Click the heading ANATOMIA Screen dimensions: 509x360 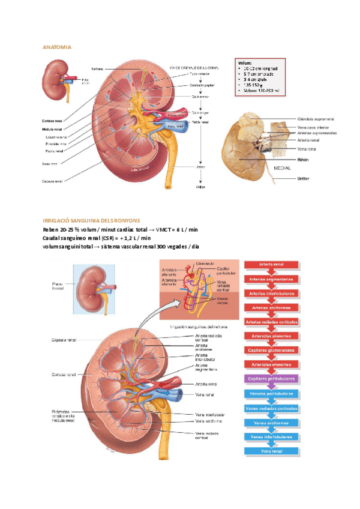(57, 47)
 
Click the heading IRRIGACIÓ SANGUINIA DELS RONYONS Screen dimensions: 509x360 (91, 221)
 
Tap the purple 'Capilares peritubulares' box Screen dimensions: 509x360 (271, 379)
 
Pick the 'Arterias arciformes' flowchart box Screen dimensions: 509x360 (271, 307)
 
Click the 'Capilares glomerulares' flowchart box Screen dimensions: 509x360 (271, 350)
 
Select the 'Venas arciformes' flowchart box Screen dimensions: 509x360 (271, 422)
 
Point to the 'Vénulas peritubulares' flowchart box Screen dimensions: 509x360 (271, 393)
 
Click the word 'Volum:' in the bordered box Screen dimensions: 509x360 (245, 62)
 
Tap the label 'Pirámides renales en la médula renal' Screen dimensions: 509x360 (63, 415)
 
